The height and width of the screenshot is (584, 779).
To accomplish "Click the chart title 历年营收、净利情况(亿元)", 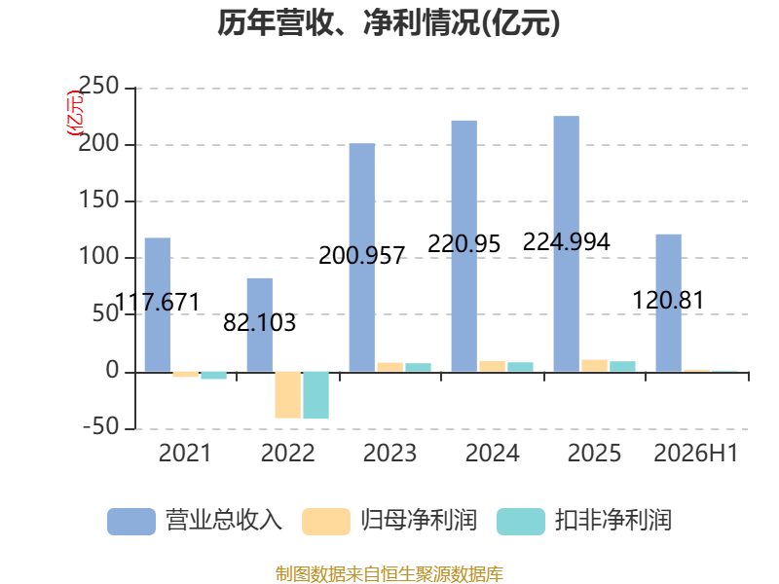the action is (389, 23).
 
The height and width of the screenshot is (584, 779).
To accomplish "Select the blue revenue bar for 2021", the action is (158, 305).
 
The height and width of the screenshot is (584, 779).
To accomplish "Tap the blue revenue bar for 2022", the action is (260, 325).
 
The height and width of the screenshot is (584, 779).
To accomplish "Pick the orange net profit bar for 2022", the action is (287, 395).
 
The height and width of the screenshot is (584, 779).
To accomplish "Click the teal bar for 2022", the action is (315, 395).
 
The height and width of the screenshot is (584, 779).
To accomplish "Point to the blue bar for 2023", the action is (362, 257).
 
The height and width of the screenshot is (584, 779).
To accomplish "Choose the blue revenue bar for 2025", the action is (567, 244).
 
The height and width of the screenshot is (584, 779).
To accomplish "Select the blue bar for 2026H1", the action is (669, 303).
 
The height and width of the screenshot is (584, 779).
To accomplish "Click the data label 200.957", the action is (361, 256).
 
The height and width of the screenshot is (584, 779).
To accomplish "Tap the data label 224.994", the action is (567, 241).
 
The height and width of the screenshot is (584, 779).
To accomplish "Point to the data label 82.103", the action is (259, 323).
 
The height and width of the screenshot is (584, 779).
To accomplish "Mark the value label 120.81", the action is (668, 301).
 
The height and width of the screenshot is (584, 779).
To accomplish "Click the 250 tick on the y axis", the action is (98, 86).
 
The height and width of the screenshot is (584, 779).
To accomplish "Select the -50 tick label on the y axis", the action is (100, 427).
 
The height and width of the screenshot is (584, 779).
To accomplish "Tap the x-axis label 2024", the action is (493, 453).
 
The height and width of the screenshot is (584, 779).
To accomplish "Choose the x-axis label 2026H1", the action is (696, 453).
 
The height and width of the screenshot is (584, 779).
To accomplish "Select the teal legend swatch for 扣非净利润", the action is (521, 522).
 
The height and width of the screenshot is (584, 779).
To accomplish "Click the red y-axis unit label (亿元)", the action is (75, 113).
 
